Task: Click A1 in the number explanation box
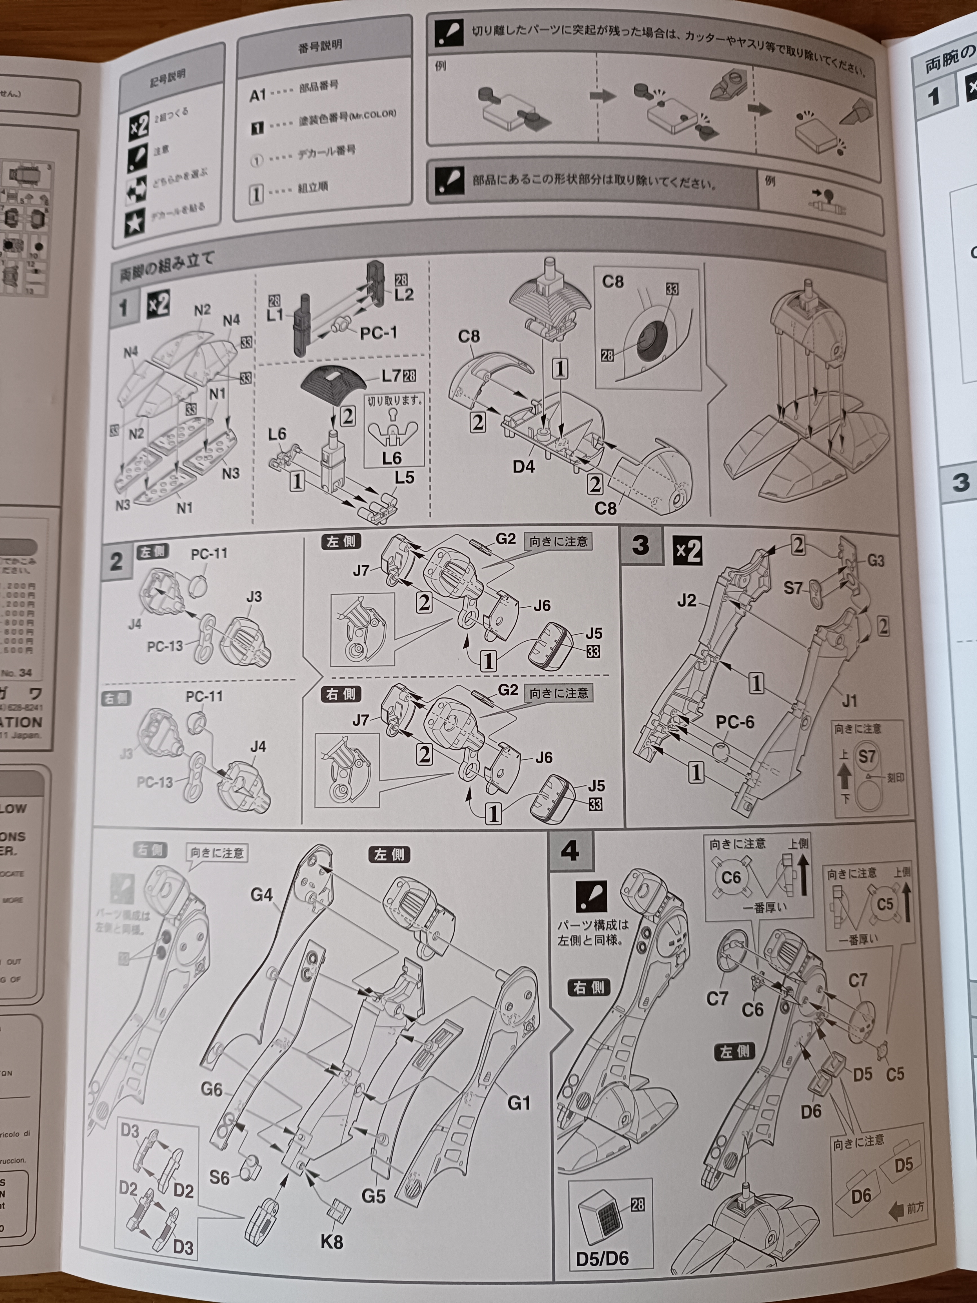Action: pyautogui.click(x=258, y=95)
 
